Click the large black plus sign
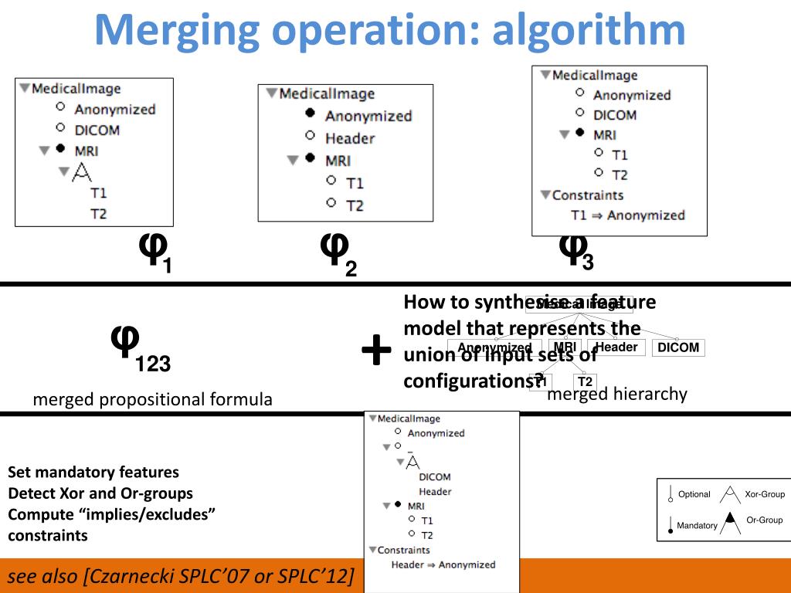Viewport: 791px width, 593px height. point(377,351)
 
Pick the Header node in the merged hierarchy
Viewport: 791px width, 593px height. point(616,347)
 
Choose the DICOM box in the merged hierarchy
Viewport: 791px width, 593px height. point(678,348)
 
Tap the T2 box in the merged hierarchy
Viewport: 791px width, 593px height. point(585,381)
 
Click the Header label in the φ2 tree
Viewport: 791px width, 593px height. point(349,138)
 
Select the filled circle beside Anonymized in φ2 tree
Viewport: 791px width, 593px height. point(310,114)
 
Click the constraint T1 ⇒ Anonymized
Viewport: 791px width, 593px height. point(627,215)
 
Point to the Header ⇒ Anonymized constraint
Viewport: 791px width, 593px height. point(443,564)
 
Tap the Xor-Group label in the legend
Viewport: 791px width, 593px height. point(764,494)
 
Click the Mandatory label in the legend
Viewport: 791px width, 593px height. point(697,526)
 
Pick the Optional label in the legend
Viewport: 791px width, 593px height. point(694,494)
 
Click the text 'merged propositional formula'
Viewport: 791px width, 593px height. point(152,399)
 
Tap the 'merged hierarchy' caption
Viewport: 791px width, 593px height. point(616,395)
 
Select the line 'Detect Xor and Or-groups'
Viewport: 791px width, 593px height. point(100,493)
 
